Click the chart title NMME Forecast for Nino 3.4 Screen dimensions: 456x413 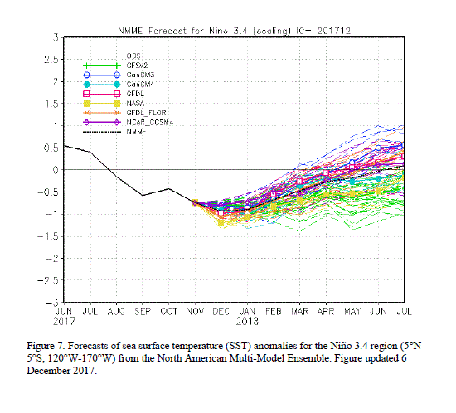coord(183,31)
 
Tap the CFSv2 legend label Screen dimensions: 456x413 coord(137,66)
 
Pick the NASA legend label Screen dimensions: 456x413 coord(135,103)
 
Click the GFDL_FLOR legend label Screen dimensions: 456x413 coord(146,113)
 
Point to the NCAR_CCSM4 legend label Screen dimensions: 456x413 coord(150,123)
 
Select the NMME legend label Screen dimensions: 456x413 coord(137,132)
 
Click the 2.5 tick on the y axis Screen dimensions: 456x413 coord(51,60)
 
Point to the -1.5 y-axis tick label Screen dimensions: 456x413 coord(48,236)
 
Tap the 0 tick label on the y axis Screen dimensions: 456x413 coord(56,170)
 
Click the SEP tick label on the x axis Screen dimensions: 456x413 coord(143,312)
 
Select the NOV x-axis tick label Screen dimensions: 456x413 coord(195,312)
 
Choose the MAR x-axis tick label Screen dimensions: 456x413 coord(300,312)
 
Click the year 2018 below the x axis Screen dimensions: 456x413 coord(247,322)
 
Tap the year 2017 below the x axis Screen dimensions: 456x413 coord(64,322)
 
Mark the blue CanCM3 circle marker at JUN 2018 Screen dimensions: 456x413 coord(378,148)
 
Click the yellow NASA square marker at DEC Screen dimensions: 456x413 coord(221,223)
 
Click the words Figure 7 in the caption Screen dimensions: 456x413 coord(46,346)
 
